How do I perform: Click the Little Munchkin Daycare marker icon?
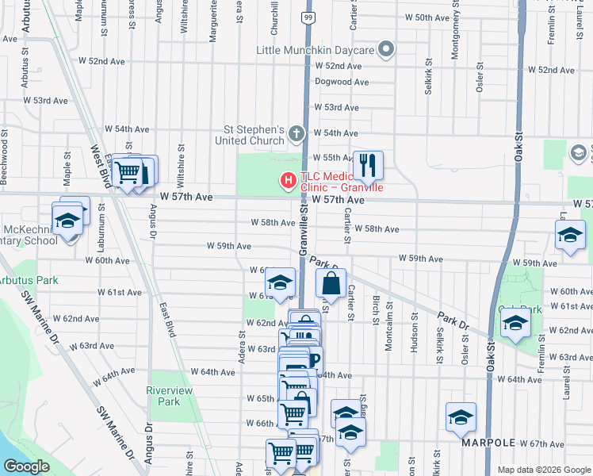[386, 50]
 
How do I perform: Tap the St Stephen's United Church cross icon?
[296, 135]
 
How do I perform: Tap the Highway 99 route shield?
[307, 16]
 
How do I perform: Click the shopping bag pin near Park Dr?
[331, 282]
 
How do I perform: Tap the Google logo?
[28, 467]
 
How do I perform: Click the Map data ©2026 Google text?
[543, 470]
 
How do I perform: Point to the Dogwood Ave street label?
[342, 82]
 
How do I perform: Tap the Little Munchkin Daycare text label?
[315, 50]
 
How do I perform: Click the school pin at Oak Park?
[515, 322]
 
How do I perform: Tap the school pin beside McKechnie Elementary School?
[67, 221]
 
